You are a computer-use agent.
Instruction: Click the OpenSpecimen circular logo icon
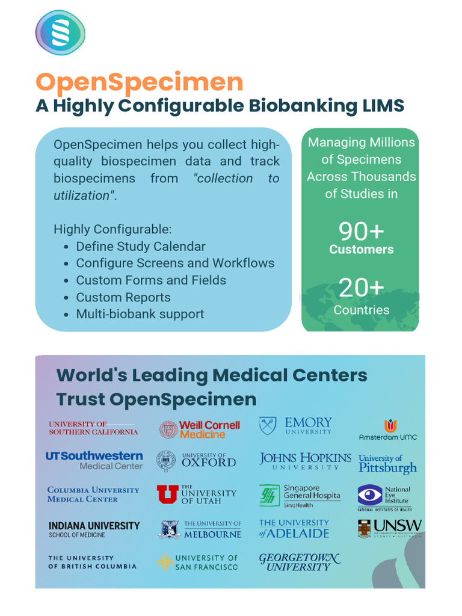click(60, 32)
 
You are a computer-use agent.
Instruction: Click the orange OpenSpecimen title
click(139, 82)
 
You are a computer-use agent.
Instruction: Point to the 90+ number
click(361, 231)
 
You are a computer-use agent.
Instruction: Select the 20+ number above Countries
click(361, 288)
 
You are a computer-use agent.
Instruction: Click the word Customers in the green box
click(361, 249)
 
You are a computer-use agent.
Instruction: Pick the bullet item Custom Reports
click(123, 297)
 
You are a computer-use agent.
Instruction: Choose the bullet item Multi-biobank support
click(140, 314)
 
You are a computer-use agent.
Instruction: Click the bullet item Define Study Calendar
click(140, 247)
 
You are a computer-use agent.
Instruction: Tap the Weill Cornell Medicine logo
click(200, 430)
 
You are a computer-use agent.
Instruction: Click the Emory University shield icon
click(268, 426)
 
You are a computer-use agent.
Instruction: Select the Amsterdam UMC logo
click(388, 430)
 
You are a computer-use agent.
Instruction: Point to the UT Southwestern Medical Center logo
click(94, 460)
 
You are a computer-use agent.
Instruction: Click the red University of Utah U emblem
click(167, 494)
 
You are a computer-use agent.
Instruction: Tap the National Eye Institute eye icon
click(369, 495)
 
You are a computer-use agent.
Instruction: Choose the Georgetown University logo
click(300, 562)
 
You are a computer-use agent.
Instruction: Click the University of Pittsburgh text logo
click(387, 464)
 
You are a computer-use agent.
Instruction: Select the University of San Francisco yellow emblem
click(165, 562)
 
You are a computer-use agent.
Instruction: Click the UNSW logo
click(389, 528)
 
